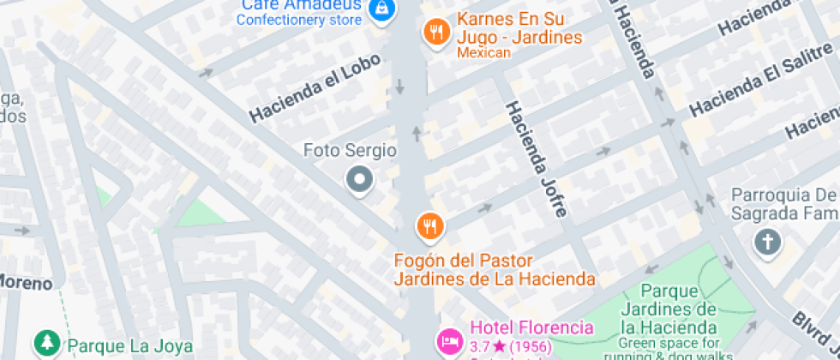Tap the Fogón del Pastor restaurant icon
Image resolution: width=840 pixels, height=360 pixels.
point(429,226)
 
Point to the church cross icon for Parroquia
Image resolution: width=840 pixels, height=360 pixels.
point(767,242)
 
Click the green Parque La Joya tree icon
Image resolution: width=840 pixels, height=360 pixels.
point(46,345)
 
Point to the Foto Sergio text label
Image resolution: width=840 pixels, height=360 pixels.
point(350,151)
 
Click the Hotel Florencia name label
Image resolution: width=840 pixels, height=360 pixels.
point(531,327)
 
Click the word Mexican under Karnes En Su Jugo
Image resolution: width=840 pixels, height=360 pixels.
point(483,53)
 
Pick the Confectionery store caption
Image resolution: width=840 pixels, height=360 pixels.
point(298,20)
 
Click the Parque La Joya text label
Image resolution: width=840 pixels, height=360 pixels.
point(130,346)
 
